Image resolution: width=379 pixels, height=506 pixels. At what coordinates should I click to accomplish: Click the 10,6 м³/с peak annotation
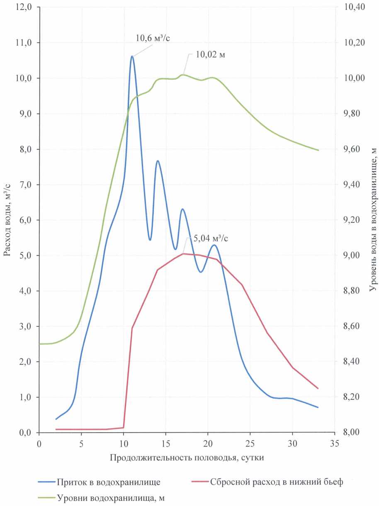(153, 39)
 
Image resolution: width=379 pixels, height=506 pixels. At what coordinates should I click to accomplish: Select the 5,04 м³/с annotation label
(211, 238)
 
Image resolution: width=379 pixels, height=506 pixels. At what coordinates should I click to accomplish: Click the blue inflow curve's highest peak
(132, 56)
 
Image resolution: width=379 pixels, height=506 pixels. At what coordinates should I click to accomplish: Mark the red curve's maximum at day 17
(183, 253)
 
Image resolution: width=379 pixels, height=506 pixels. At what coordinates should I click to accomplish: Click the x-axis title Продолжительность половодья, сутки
(187, 458)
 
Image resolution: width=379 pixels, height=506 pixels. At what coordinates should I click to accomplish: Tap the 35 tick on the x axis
(335, 443)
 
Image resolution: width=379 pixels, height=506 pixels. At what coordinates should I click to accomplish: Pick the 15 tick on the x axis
(165, 443)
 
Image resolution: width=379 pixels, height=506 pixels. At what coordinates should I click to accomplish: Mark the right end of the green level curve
(318, 150)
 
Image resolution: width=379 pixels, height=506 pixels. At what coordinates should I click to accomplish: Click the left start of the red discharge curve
(56, 429)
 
